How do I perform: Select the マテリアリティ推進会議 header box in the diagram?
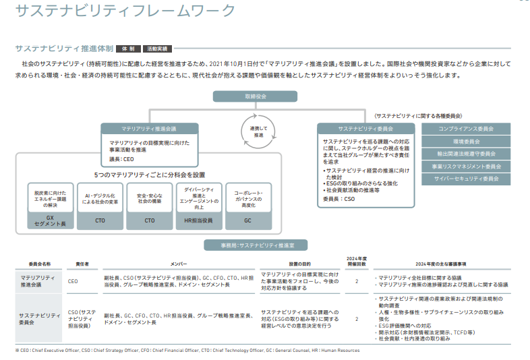(x=149, y=128)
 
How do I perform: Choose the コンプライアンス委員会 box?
(x=466, y=128)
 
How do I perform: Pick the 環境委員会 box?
(x=466, y=141)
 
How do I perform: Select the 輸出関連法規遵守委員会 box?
(x=466, y=154)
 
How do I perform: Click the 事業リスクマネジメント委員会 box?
(x=466, y=167)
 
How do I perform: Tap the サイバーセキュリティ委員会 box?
(x=466, y=179)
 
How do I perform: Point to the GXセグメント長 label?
(x=50, y=220)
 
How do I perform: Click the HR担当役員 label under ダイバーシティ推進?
(x=198, y=220)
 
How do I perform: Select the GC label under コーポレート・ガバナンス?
(x=247, y=220)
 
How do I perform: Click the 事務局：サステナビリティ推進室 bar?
(x=264, y=247)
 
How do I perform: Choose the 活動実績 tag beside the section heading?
(x=157, y=49)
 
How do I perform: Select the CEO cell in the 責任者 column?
(x=73, y=280)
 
